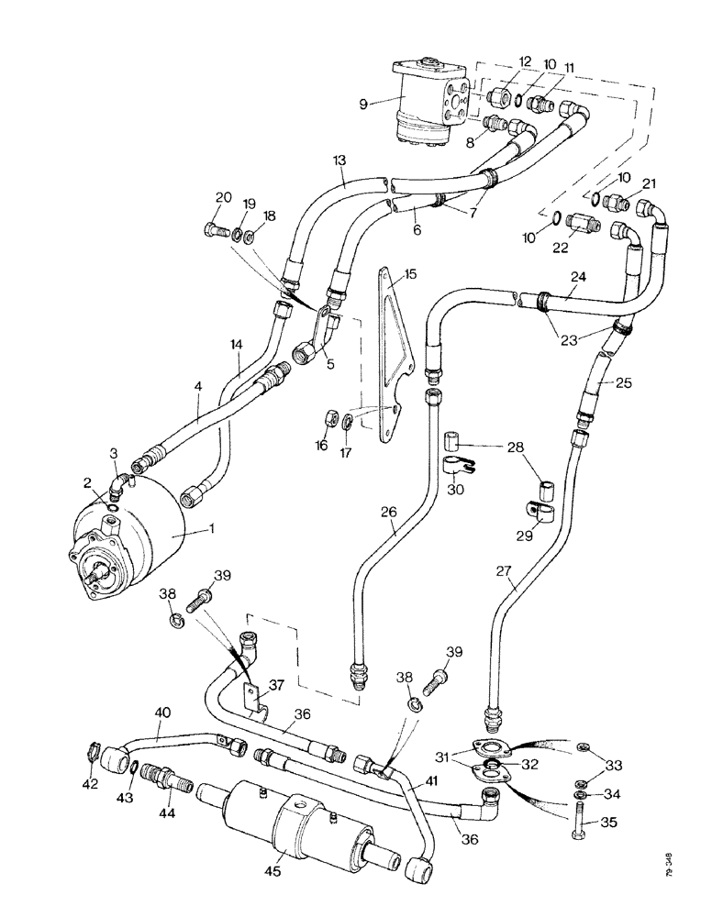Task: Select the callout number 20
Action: pos(223,197)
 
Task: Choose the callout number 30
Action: pos(455,490)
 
